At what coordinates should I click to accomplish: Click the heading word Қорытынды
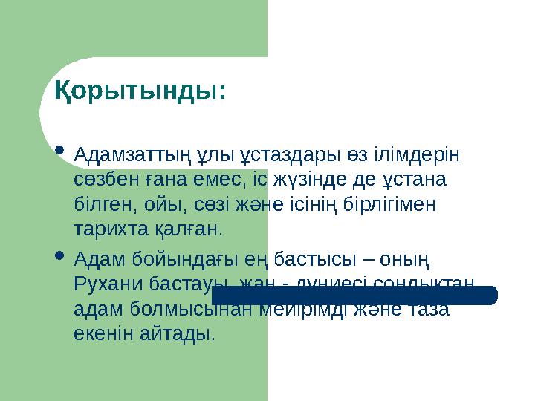point(140,92)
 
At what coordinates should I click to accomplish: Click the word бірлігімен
point(395,203)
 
